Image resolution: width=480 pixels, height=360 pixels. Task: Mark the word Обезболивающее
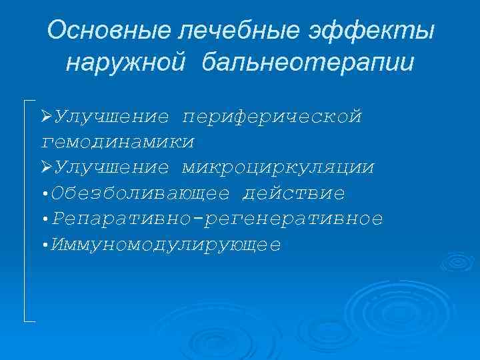point(143,194)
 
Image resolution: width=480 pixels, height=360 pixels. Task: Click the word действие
point(294,194)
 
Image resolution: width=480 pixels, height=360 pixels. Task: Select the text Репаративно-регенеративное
point(219,219)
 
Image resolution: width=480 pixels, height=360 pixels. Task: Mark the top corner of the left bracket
point(25,101)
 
